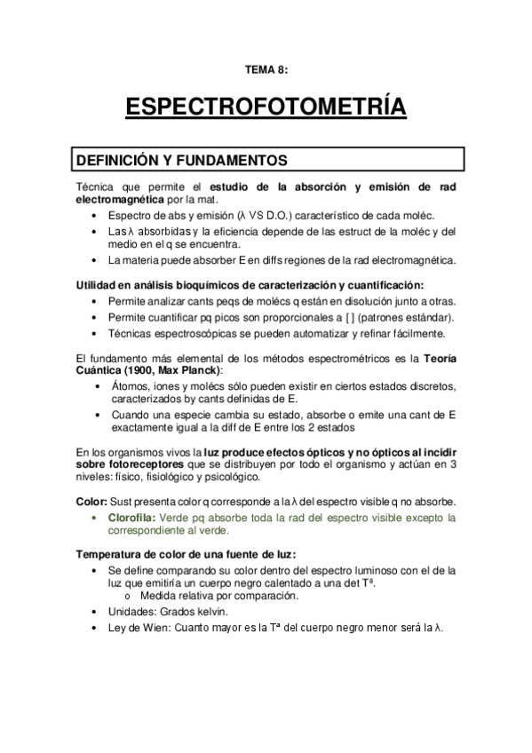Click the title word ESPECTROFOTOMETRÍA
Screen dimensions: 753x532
tap(266, 109)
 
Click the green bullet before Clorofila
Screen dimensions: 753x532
tap(97, 518)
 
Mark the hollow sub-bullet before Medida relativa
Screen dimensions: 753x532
tap(132, 596)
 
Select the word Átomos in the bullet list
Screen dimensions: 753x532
tap(130, 386)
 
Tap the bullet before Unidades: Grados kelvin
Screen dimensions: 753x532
tap(97, 613)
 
